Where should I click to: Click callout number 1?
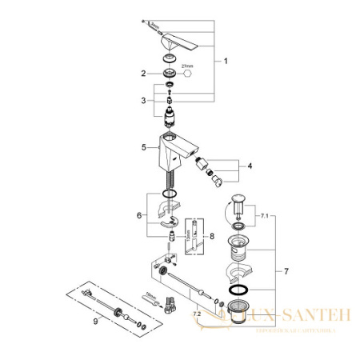coord(226,62)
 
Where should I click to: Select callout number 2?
coord(145,74)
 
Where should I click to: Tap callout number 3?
coord(145,101)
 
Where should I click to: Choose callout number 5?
coord(145,147)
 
